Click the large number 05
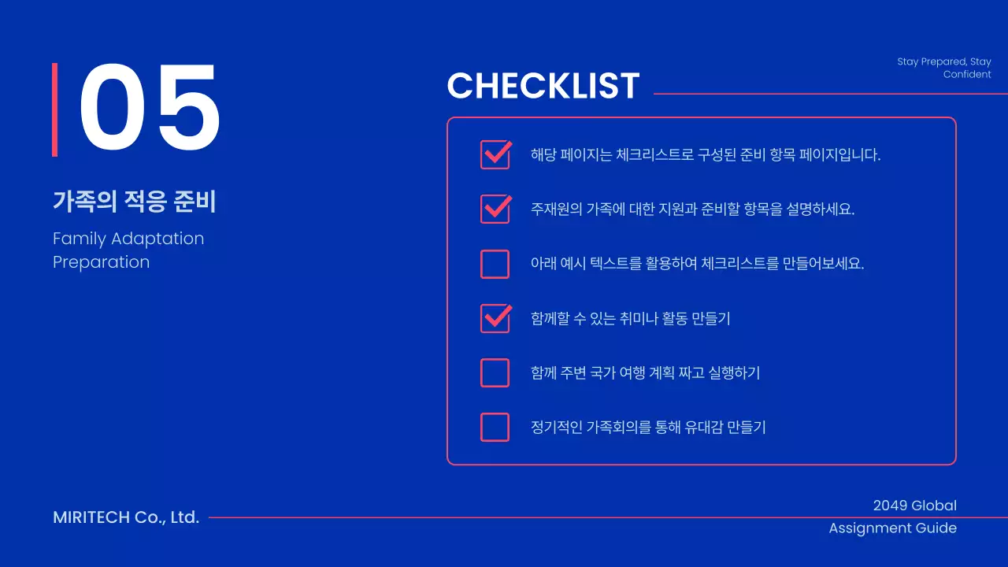pos(150,109)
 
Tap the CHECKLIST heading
pos(543,86)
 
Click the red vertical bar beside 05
pos(55,109)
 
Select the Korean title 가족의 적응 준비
pos(134,202)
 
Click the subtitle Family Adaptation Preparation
pos(128,250)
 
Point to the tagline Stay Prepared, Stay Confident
pos(943,68)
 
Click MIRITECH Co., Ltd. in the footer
pos(126,517)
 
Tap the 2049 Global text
pos(914,506)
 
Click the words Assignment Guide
pos(892,528)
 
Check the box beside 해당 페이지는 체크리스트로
pos(495,155)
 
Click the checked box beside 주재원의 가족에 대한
pos(495,209)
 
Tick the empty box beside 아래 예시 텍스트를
pos(495,264)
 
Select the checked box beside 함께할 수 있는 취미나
pos(495,318)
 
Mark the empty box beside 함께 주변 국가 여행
pos(495,372)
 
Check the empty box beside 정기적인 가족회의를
pos(495,427)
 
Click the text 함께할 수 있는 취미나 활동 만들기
pos(630,319)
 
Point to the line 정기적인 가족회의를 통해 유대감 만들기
pos(648,428)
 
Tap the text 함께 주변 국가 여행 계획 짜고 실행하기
pos(645,373)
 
